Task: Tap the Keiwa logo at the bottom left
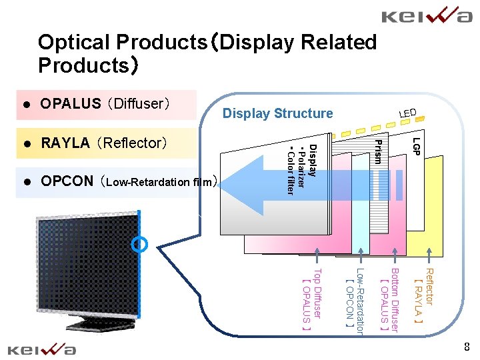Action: tap(41, 349)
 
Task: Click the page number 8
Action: tap(467, 347)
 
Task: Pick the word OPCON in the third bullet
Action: tap(67, 181)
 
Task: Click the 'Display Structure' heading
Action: tap(277, 113)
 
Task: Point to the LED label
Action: tap(407, 114)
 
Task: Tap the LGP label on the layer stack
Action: tap(416, 147)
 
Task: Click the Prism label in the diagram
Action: tap(378, 151)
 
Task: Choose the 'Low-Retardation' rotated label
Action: tap(360, 300)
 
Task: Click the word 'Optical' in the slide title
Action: tap(74, 43)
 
